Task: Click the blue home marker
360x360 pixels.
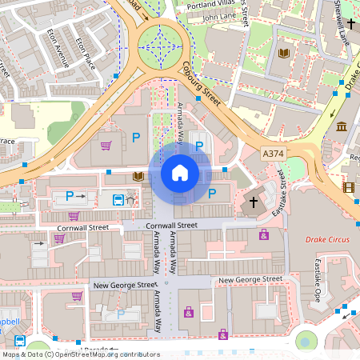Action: (x=180, y=173)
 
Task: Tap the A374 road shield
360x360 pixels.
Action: (x=274, y=152)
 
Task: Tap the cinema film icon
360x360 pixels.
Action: (x=348, y=187)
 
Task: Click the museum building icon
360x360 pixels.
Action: (x=342, y=126)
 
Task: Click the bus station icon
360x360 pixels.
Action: (x=118, y=200)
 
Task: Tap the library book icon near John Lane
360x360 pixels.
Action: (x=282, y=53)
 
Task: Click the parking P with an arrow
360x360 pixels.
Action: (x=74, y=195)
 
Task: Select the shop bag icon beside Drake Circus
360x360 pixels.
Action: (x=263, y=234)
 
